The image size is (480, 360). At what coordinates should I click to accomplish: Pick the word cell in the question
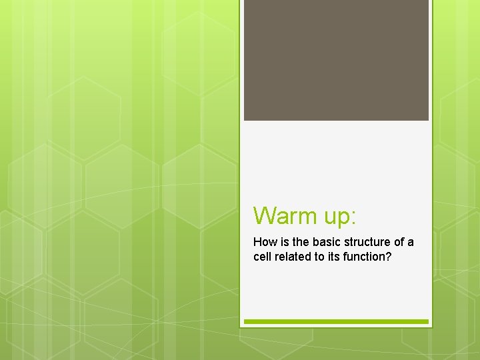click(263, 257)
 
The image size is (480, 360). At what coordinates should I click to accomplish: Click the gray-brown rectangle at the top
click(336, 60)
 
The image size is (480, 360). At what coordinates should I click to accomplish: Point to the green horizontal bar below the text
click(336, 321)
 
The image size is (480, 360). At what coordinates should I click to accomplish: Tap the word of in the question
click(399, 242)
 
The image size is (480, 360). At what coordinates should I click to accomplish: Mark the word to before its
click(321, 257)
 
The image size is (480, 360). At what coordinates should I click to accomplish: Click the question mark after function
click(389, 257)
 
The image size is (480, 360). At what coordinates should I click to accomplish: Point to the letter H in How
click(257, 242)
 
